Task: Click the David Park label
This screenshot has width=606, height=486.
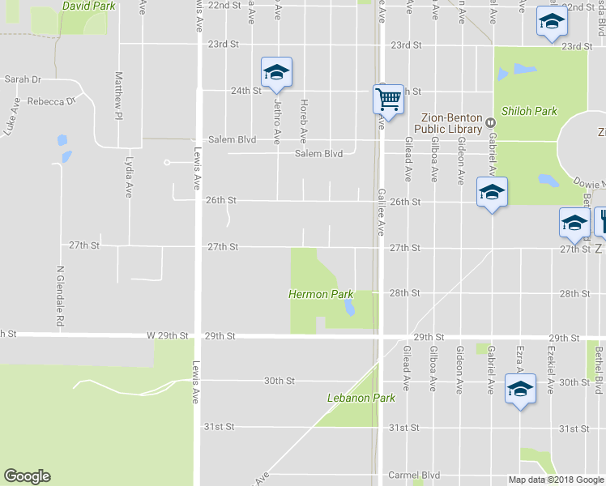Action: [x=89, y=6]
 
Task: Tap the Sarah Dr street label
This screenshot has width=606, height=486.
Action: [x=23, y=79]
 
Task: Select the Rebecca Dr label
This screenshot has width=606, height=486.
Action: [x=50, y=102]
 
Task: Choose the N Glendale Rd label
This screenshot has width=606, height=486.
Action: [x=60, y=296]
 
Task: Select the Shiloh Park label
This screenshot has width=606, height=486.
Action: [x=530, y=111]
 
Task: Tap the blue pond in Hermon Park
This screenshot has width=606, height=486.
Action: [x=348, y=308]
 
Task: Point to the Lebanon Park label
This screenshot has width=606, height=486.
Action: [x=361, y=398]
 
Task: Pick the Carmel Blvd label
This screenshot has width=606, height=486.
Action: [x=413, y=475]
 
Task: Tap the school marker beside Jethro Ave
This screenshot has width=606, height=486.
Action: [x=276, y=73]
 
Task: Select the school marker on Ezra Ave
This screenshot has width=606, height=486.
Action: [x=520, y=390]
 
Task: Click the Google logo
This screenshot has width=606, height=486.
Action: [x=27, y=476]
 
